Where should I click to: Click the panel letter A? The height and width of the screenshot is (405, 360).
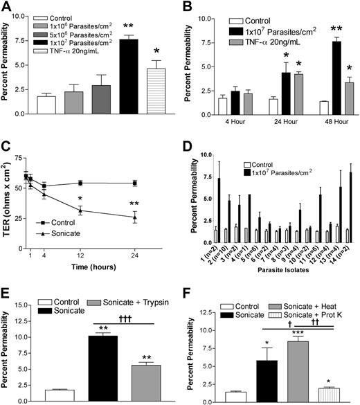pos(8,8)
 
